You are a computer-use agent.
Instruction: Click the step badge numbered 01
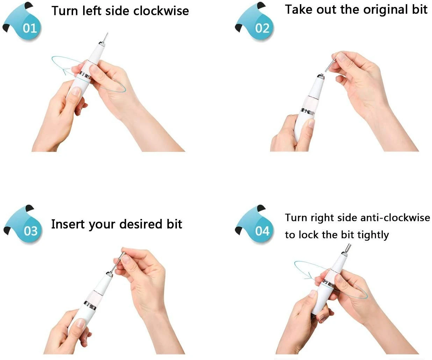pyautogui.click(x=23, y=22)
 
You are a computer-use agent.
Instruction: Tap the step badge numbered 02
pyautogui.click(x=255, y=22)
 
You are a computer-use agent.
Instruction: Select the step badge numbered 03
pyautogui.click(x=23, y=225)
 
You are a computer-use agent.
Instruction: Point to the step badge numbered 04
pyautogui.click(x=255, y=225)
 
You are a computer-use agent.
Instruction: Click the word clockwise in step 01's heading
pyautogui.click(x=161, y=11)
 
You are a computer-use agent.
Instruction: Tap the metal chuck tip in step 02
pyautogui.click(x=321, y=77)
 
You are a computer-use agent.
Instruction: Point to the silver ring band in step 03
pyautogui.click(x=90, y=306)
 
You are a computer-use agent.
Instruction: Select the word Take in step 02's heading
pyautogui.click(x=299, y=9)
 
